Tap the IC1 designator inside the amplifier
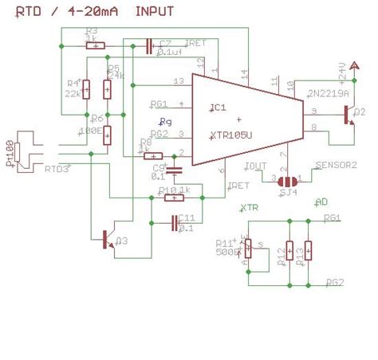click(219, 108)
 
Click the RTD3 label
click(57, 169)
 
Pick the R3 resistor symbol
click(96, 45)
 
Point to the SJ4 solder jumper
click(286, 179)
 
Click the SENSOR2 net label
click(336, 166)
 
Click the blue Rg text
click(166, 121)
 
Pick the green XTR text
click(250, 208)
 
